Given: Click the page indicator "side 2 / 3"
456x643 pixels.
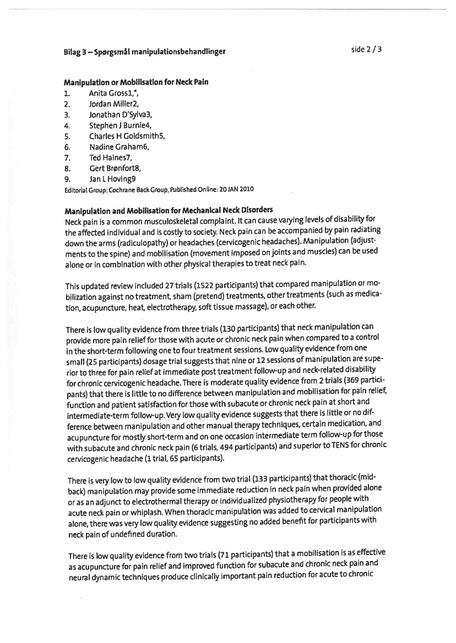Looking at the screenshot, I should pyautogui.click(x=366, y=50).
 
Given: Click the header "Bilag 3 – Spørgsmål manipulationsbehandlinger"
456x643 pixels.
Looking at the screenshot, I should pyautogui.click(x=145, y=52).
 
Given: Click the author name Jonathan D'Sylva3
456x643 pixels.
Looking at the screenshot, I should pyautogui.click(x=120, y=114).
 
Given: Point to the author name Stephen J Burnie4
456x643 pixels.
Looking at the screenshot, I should pyautogui.click(x=120, y=125).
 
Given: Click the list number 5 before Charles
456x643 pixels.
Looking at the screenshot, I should pyautogui.click(x=67, y=136).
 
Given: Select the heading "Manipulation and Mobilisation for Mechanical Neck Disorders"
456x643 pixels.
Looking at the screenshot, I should pyautogui.click(x=169, y=211).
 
